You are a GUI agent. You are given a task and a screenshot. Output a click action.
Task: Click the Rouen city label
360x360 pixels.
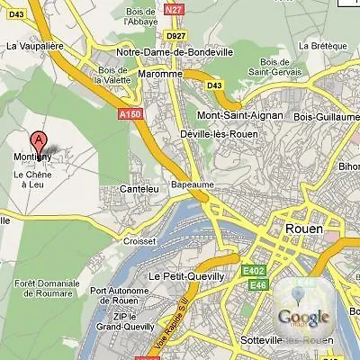point(302,229)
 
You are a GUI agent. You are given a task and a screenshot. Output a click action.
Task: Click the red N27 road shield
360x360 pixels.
point(174,8)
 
